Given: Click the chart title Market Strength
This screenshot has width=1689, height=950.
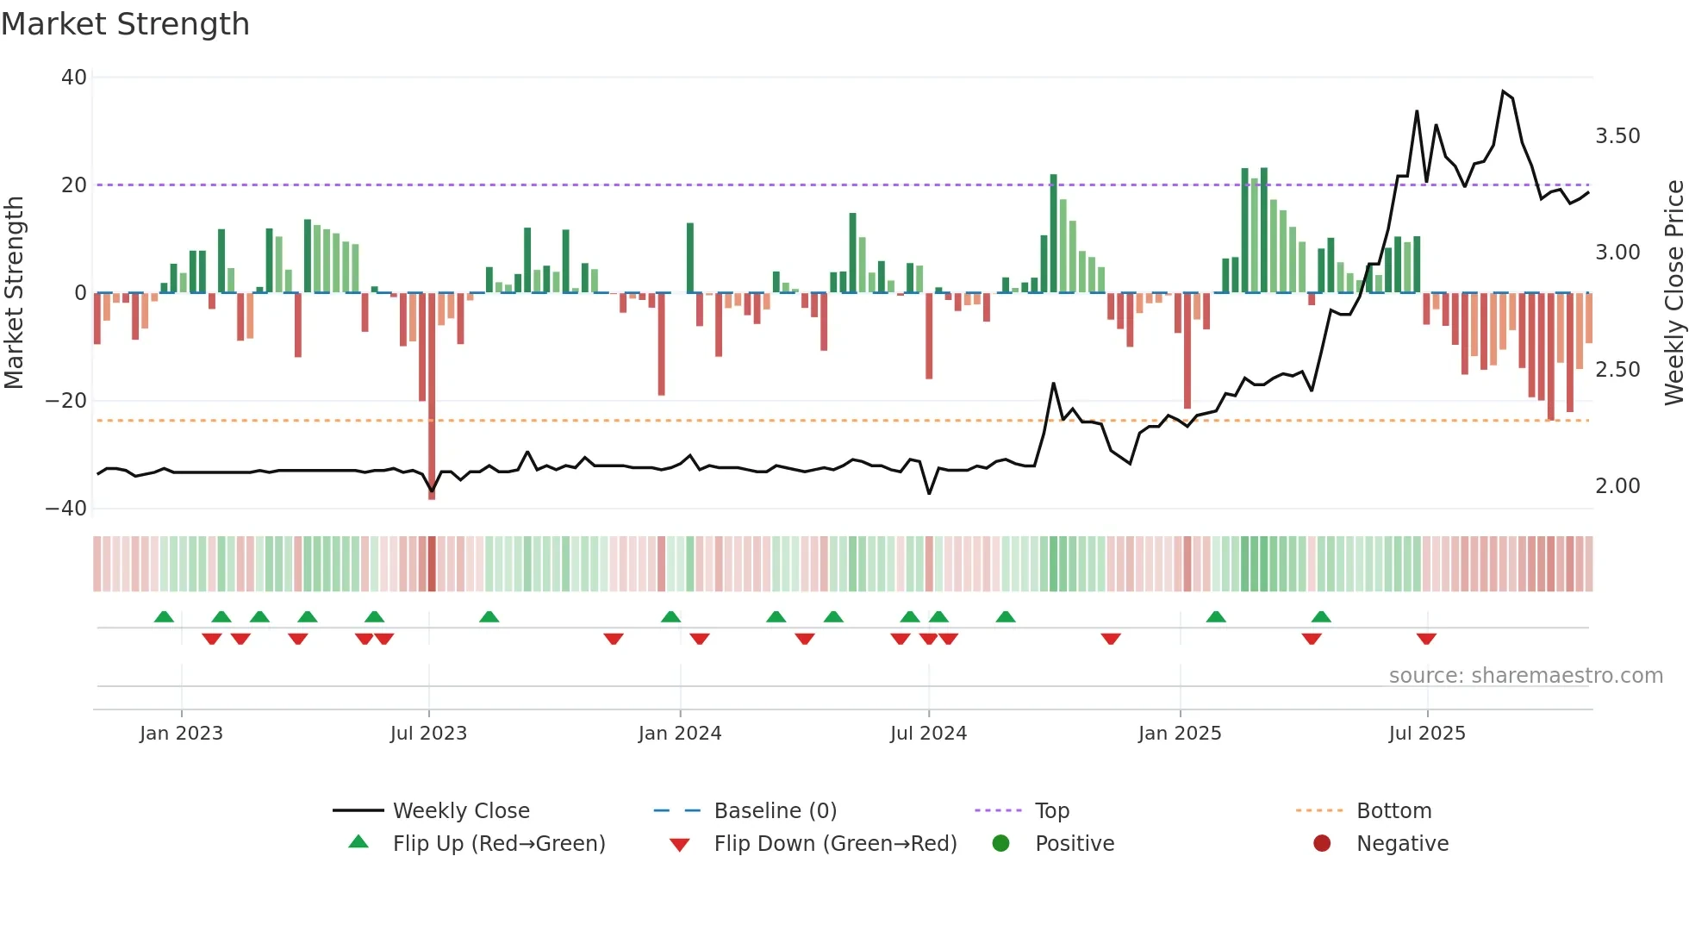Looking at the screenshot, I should [x=125, y=24].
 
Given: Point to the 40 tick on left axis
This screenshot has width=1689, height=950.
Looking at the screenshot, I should [x=74, y=78].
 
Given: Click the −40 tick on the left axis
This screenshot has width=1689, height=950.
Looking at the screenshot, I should [x=67, y=509].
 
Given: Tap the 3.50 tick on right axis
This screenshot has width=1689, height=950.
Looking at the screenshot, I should [x=1617, y=136].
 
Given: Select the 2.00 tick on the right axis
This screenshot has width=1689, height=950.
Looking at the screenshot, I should [x=1617, y=486].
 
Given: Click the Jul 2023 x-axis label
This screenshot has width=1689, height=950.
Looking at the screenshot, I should [x=428, y=734].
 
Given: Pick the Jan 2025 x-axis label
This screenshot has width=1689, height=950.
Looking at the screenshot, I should [x=1180, y=734].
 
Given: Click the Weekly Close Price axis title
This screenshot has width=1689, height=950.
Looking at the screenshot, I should [x=1673, y=292].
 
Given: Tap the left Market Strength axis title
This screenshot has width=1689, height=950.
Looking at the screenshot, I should [x=15, y=292].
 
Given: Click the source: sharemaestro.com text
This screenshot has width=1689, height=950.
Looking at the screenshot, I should [x=1525, y=676].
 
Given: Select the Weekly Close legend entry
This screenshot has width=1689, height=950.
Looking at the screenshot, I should [x=461, y=811].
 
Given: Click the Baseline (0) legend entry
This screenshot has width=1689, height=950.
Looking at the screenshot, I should [x=775, y=811].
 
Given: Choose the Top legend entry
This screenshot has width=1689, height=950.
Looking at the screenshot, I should [x=1051, y=811].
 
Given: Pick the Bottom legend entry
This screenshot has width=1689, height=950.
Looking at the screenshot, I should [x=1393, y=811].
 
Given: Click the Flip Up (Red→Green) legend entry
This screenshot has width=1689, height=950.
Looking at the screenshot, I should [x=499, y=844].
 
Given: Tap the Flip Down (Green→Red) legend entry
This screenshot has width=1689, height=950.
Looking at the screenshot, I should [x=835, y=844].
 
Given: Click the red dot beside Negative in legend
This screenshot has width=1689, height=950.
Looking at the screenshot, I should [x=1322, y=843].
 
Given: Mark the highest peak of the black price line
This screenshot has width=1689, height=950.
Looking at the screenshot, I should [x=1503, y=91].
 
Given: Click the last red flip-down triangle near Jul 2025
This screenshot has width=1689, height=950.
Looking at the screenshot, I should [x=1426, y=639].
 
